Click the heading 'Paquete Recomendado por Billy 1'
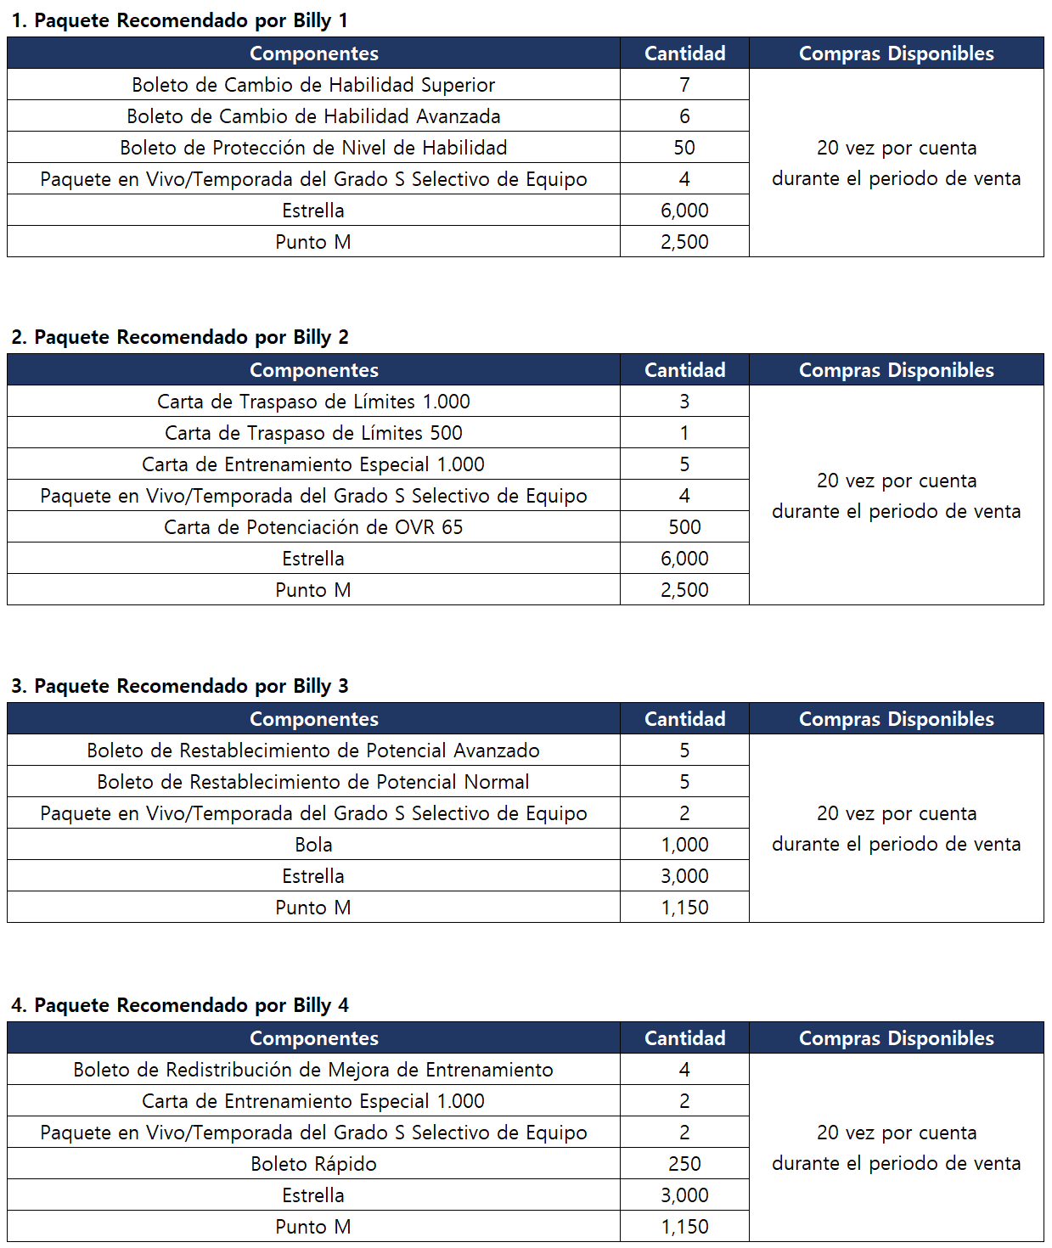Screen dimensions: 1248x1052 (x=179, y=20)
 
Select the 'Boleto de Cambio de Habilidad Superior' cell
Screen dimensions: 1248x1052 (x=313, y=85)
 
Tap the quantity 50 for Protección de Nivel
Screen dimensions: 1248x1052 (x=684, y=148)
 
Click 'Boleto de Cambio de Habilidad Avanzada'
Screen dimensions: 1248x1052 (x=313, y=116)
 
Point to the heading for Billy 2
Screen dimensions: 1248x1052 (x=179, y=337)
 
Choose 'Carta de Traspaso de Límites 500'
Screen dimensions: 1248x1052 (x=313, y=433)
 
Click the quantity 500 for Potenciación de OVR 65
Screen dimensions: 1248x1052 (x=684, y=527)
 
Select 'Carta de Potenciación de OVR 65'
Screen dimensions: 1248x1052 (x=313, y=527)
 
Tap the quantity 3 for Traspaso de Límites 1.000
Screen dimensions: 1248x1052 (x=684, y=402)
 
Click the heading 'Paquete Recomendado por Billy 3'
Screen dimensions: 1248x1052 (x=179, y=686)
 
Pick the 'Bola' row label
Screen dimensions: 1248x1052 (x=313, y=845)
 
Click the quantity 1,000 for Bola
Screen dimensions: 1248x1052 (x=684, y=845)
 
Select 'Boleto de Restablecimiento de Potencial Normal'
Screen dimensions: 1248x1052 (x=313, y=782)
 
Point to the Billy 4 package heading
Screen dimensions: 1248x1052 (x=179, y=1005)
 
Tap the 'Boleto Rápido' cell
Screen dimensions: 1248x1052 (x=313, y=1164)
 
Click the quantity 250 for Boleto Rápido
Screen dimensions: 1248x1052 (x=684, y=1164)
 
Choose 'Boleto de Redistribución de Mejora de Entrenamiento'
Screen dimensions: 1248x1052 (x=313, y=1070)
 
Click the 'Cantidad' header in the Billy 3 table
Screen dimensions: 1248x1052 (x=684, y=719)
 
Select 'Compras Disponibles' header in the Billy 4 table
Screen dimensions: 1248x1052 (x=896, y=1038)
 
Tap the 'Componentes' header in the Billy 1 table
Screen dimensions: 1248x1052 (x=313, y=53)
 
